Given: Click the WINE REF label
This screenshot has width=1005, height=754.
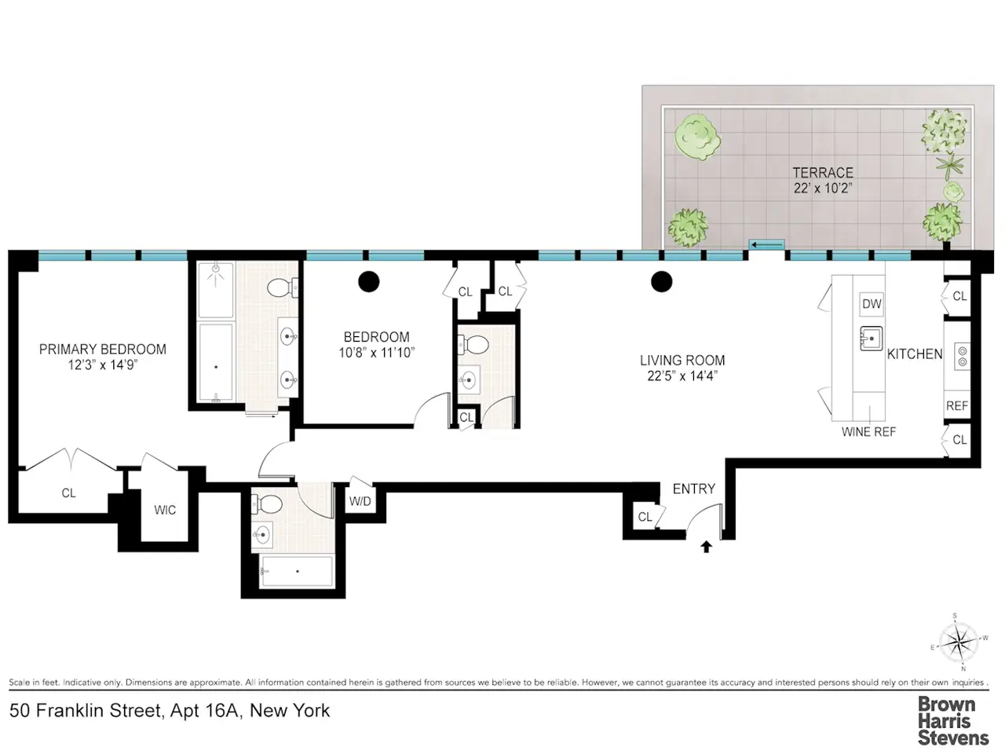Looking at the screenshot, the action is pos(868,432).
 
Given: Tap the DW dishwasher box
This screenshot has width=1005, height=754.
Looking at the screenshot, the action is pos(871,304).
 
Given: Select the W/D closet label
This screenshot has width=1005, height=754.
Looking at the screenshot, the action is pos(360,501).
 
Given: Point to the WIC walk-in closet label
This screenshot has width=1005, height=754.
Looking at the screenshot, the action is pos(165,510).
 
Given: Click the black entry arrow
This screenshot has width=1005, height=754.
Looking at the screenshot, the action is pos(706,547).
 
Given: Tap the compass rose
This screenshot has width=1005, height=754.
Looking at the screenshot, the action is pos(958,642).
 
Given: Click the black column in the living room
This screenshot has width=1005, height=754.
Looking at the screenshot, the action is pos(661,281).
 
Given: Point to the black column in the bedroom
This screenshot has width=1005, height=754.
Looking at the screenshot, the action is pos(368,281).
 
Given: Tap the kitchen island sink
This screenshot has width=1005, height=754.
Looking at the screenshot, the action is pos(871,339).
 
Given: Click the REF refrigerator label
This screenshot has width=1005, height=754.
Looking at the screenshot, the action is pos(957,406).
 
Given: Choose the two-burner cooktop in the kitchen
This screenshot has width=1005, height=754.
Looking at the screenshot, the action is pos(962,357).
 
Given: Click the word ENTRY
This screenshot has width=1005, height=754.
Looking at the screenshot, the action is pos(693,489).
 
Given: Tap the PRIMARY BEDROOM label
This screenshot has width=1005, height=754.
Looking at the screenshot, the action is pos(103,350).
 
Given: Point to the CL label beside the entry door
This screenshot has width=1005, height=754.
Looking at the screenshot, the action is pos(645,517).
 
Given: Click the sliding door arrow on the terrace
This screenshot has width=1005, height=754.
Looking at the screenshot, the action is pos(766,245).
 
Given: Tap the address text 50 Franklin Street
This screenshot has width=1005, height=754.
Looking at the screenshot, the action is pos(86,711).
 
